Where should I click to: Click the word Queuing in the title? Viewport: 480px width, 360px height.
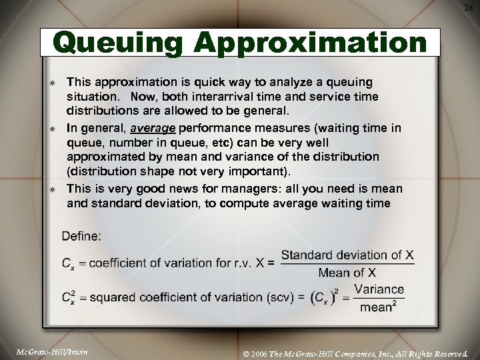[x=117, y=44]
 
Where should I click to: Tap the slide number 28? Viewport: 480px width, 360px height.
[x=469, y=7]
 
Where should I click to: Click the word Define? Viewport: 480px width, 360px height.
[x=81, y=235]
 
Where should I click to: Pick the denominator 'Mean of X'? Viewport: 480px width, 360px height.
[x=347, y=272]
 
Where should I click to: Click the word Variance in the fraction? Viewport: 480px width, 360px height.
[x=379, y=289]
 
